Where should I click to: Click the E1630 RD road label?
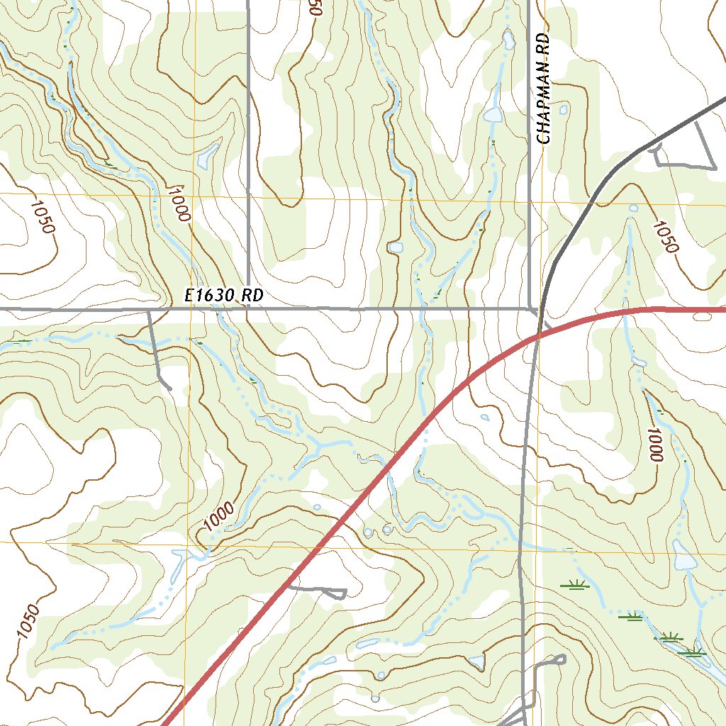(x=223, y=296)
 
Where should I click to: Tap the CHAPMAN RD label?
(x=544, y=88)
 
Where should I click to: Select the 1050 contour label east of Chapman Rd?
(x=666, y=237)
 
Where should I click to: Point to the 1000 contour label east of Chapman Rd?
(x=653, y=445)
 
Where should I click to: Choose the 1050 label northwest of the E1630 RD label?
(x=42, y=216)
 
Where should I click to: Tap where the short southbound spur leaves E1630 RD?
(x=150, y=310)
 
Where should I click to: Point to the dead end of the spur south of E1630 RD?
(x=169, y=389)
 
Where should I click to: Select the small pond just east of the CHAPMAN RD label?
(x=564, y=110)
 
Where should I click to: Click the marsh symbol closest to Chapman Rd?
(x=574, y=585)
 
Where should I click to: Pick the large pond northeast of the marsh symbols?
(x=684, y=557)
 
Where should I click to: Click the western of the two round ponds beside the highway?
(x=367, y=532)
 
